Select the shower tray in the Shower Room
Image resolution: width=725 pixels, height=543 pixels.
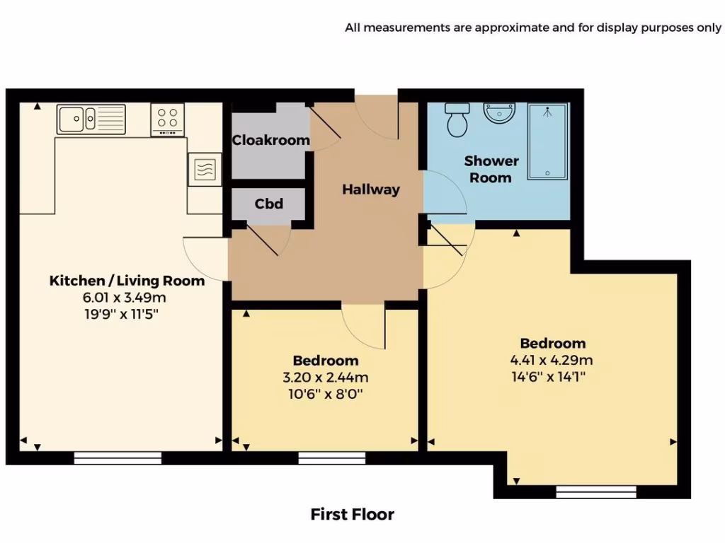[x=547, y=141]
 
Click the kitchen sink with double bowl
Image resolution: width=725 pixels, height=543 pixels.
[x=91, y=119]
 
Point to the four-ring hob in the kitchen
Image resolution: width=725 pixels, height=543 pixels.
[x=168, y=119]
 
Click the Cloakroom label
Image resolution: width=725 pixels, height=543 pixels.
[x=271, y=140]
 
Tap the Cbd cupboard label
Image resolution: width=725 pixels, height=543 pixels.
[x=269, y=204]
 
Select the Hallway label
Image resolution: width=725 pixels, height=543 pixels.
[x=371, y=189]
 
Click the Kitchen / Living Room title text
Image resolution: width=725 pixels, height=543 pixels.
[x=127, y=281]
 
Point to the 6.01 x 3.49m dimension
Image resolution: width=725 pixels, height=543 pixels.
[x=127, y=297]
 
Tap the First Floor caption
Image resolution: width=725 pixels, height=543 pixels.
[x=352, y=514]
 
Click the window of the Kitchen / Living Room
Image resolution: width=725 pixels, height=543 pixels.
[x=118, y=458]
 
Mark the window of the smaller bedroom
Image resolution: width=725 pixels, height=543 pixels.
[x=331, y=458]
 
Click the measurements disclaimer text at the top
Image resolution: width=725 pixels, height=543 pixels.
[x=533, y=28]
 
